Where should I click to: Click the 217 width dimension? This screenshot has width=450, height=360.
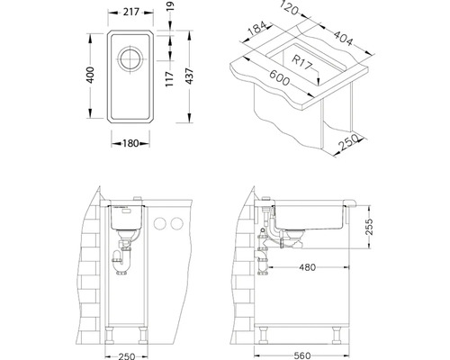click(131, 12)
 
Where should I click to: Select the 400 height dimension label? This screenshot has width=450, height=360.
click(90, 75)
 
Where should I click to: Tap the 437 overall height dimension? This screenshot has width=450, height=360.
click(189, 76)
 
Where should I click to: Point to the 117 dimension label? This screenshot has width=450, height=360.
click(169, 79)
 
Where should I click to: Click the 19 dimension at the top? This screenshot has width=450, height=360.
click(170, 6)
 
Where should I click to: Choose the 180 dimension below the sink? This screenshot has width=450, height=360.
click(130, 143)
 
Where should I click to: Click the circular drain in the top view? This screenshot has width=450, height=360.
click(130, 58)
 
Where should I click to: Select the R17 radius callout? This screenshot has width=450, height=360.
click(302, 62)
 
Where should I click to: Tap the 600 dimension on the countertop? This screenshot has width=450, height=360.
click(280, 77)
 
